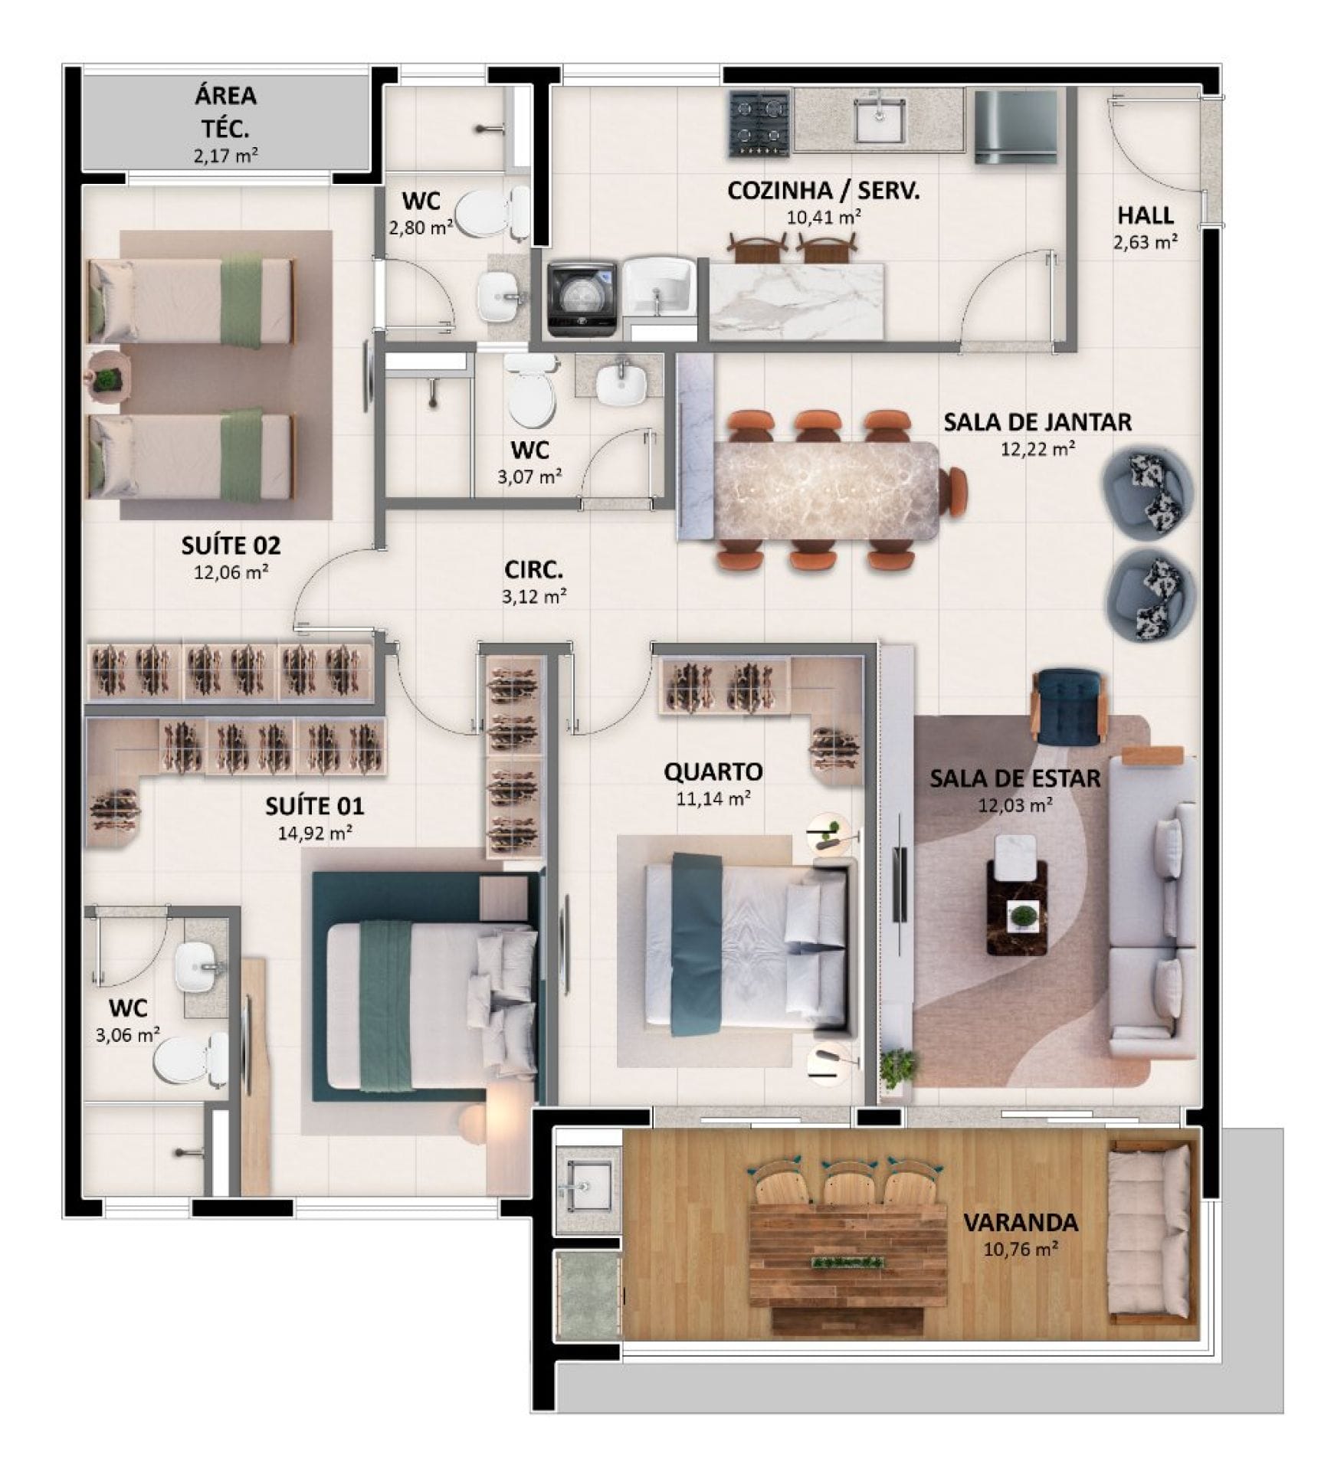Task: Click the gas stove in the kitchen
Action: click(x=759, y=123)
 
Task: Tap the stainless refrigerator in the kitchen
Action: click(x=1015, y=127)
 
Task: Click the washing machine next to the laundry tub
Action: click(x=582, y=299)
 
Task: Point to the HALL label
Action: click(x=1146, y=215)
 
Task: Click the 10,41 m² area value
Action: click(x=824, y=217)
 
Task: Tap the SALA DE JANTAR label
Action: click(x=1037, y=422)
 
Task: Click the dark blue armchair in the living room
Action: click(x=1069, y=706)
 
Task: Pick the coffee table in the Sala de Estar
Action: click(x=1016, y=906)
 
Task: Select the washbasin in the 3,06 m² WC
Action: click(x=199, y=967)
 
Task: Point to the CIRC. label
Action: click(x=533, y=570)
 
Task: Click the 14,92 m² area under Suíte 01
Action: click(x=315, y=833)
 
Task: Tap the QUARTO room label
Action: click(x=713, y=772)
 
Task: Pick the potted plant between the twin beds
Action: click(x=110, y=378)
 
